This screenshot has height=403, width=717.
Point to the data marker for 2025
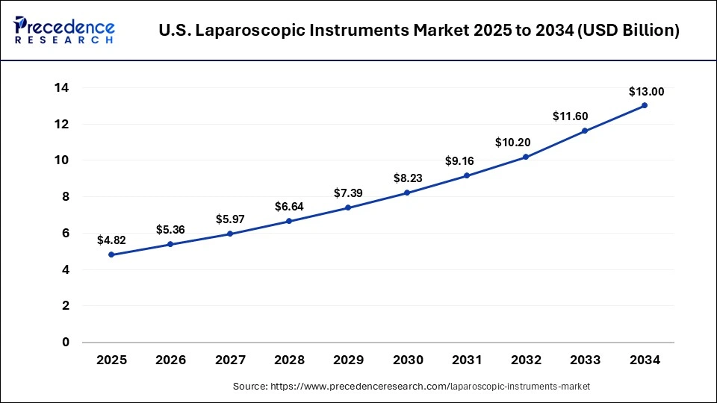pyautogui.click(x=111, y=254)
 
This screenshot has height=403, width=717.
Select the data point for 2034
pyautogui.click(x=645, y=105)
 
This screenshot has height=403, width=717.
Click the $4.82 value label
pyautogui.click(x=111, y=240)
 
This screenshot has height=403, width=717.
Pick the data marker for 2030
pyautogui.click(x=408, y=193)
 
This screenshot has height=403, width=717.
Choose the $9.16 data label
pyautogui.click(x=467, y=160)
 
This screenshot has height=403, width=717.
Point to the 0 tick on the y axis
pyautogui.click(x=66, y=343)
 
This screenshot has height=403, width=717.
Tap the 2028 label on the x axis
pyautogui.click(x=289, y=360)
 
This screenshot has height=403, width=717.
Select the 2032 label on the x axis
pyautogui.click(x=526, y=360)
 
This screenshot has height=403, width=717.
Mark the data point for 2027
pyautogui.click(x=230, y=234)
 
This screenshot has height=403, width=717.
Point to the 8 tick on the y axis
pyautogui.click(x=66, y=197)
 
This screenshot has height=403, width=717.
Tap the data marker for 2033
pyautogui.click(x=585, y=131)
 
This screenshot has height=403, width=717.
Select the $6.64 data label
pyautogui.click(x=289, y=206)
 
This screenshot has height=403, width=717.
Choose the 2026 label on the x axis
pyautogui.click(x=170, y=360)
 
